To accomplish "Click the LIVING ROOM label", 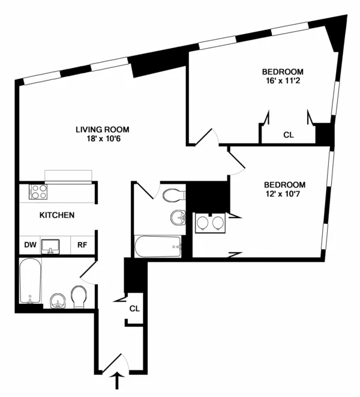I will (x=102, y=129).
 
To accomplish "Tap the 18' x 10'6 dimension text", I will (x=102, y=139).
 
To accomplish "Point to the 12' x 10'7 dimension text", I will (x=285, y=195).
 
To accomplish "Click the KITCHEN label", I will (x=57, y=215).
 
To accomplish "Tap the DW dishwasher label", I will (x=29, y=244).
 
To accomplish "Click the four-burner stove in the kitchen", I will (x=39, y=192).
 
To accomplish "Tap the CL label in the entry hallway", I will (x=134, y=309).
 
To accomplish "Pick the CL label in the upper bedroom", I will (x=289, y=135).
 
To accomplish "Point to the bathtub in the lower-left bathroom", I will (x=31, y=281).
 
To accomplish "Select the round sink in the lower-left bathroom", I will (x=58, y=300).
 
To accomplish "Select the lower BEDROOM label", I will (x=285, y=184).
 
